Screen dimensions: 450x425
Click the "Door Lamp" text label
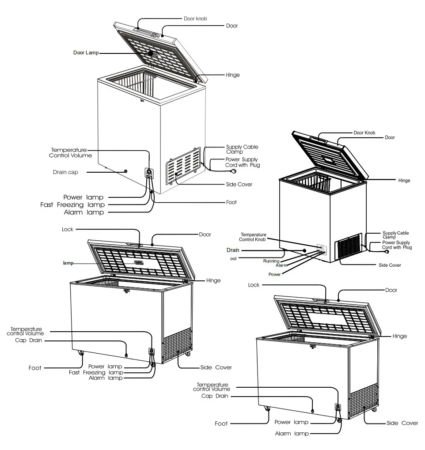86,53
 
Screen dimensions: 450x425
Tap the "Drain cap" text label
65,172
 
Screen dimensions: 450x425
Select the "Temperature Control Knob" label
253,237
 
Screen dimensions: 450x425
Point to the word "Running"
271,261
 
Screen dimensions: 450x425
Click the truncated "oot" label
233,259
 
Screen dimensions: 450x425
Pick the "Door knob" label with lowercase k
195,19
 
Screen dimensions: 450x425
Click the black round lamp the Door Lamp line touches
150,53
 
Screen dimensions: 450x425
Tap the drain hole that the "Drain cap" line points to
126,171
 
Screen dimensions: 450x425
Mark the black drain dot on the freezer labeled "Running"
304,250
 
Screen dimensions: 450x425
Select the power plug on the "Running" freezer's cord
388,252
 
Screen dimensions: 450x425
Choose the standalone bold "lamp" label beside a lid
68,263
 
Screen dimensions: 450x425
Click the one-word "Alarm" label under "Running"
282,266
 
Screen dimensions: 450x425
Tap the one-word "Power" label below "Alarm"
274,274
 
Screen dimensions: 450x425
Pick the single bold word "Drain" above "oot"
233,250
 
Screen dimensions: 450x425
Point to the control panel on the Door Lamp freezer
149,173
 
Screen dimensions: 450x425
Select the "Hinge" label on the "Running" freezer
404,181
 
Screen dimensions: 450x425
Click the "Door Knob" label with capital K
364,132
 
